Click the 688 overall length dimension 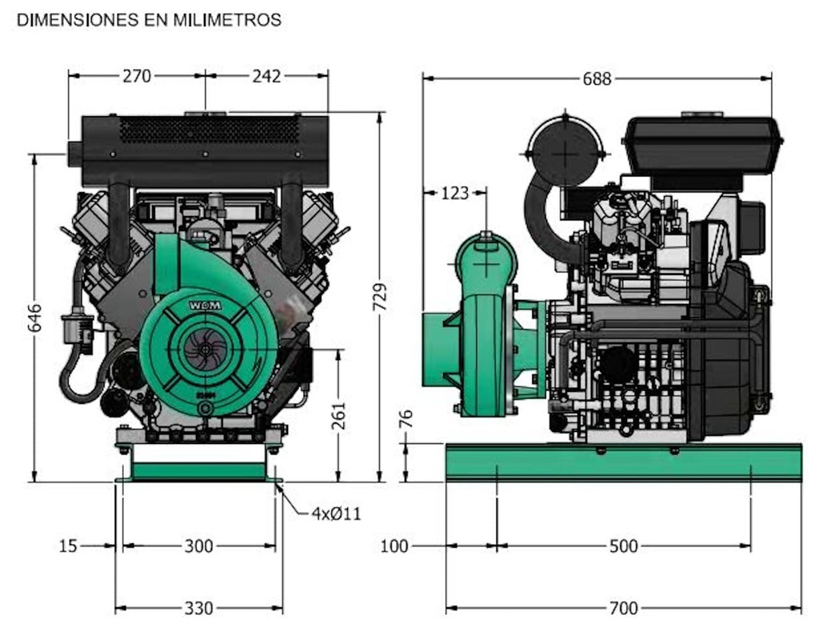click(597, 78)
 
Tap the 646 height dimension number click(35, 318)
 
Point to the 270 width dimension click(137, 76)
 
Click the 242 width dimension click(266, 76)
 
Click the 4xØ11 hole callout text click(336, 514)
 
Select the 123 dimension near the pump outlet click(455, 193)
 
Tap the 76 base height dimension click(406, 419)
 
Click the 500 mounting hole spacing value click(623, 546)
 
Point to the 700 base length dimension click(623, 609)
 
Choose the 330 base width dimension click(198, 609)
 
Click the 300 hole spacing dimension click(198, 546)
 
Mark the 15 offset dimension click(69, 546)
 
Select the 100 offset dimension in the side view click(394, 546)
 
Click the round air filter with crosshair click(565, 151)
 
